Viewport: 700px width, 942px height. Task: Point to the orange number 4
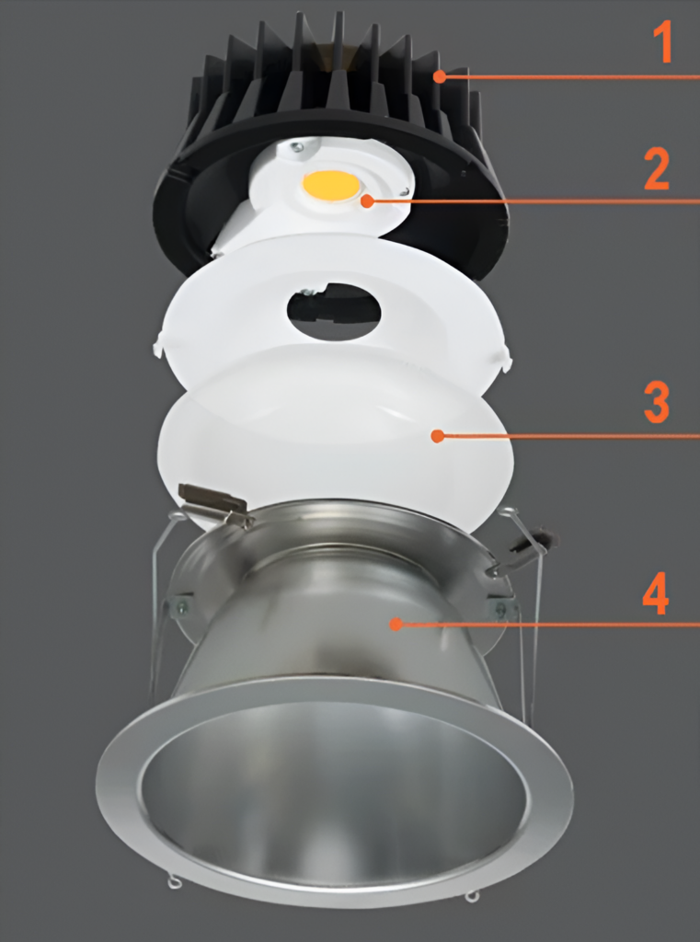click(655, 596)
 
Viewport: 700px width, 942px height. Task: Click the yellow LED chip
click(331, 185)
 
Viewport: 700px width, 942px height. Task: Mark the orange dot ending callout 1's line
click(441, 76)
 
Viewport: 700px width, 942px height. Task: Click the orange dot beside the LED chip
click(367, 200)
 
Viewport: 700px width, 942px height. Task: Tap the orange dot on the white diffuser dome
click(438, 435)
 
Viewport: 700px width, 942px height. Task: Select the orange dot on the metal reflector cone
click(396, 624)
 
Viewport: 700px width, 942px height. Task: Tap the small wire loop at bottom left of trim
click(174, 884)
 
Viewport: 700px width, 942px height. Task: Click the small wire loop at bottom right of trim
click(471, 895)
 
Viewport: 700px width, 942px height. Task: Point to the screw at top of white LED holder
click(297, 145)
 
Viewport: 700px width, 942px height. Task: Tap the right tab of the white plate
click(505, 359)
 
